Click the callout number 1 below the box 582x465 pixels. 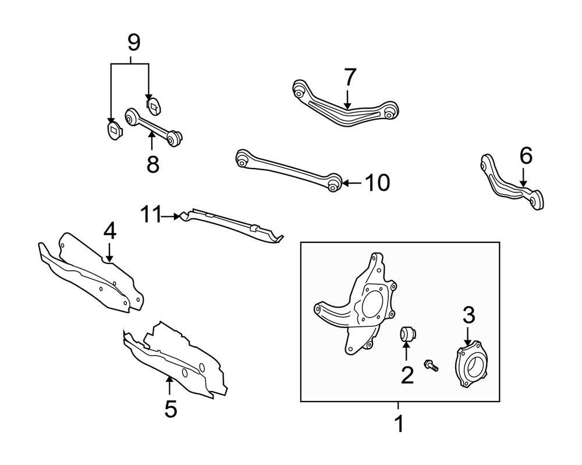pos(399,424)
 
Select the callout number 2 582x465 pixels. pos(407,375)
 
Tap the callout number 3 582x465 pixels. pos(469,316)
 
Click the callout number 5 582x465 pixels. pos(170,409)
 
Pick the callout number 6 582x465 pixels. pos(526,156)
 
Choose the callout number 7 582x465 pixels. pos(349,77)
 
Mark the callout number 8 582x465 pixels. pos(152,164)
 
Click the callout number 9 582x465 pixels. pos(133,42)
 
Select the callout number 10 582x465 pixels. pos(377,183)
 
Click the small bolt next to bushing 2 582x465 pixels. pos(432,365)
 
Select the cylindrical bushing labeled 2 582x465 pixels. pos(407,334)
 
